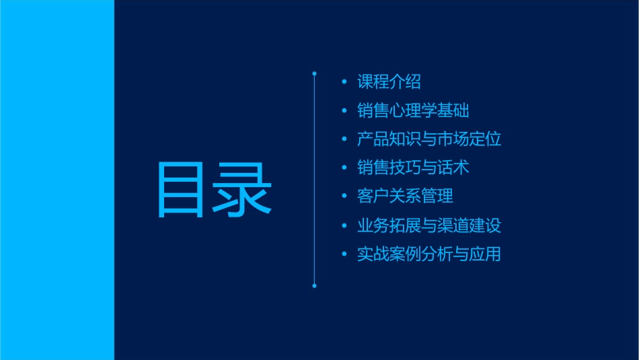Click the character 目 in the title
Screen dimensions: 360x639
coord(184,190)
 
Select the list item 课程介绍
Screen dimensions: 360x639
coord(389,82)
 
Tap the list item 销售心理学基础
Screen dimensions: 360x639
coord(413,111)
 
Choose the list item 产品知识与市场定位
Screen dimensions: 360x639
coord(429,139)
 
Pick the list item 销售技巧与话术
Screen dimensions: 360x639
coord(413,168)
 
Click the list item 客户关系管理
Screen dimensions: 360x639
coord(405,196)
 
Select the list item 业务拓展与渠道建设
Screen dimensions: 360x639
coord(429,225)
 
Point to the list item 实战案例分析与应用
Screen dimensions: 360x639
coord(429,254)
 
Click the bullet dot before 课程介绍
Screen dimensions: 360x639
coord(344,82)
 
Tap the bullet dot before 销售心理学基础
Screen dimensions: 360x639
coord(344,111)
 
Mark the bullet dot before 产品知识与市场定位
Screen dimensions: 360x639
coord(344,139)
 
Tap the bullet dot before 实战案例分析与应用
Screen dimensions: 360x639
coord(344,255)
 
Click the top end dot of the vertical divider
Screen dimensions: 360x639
coord(314,73)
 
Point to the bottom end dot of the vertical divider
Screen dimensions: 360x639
coord(314,286)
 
